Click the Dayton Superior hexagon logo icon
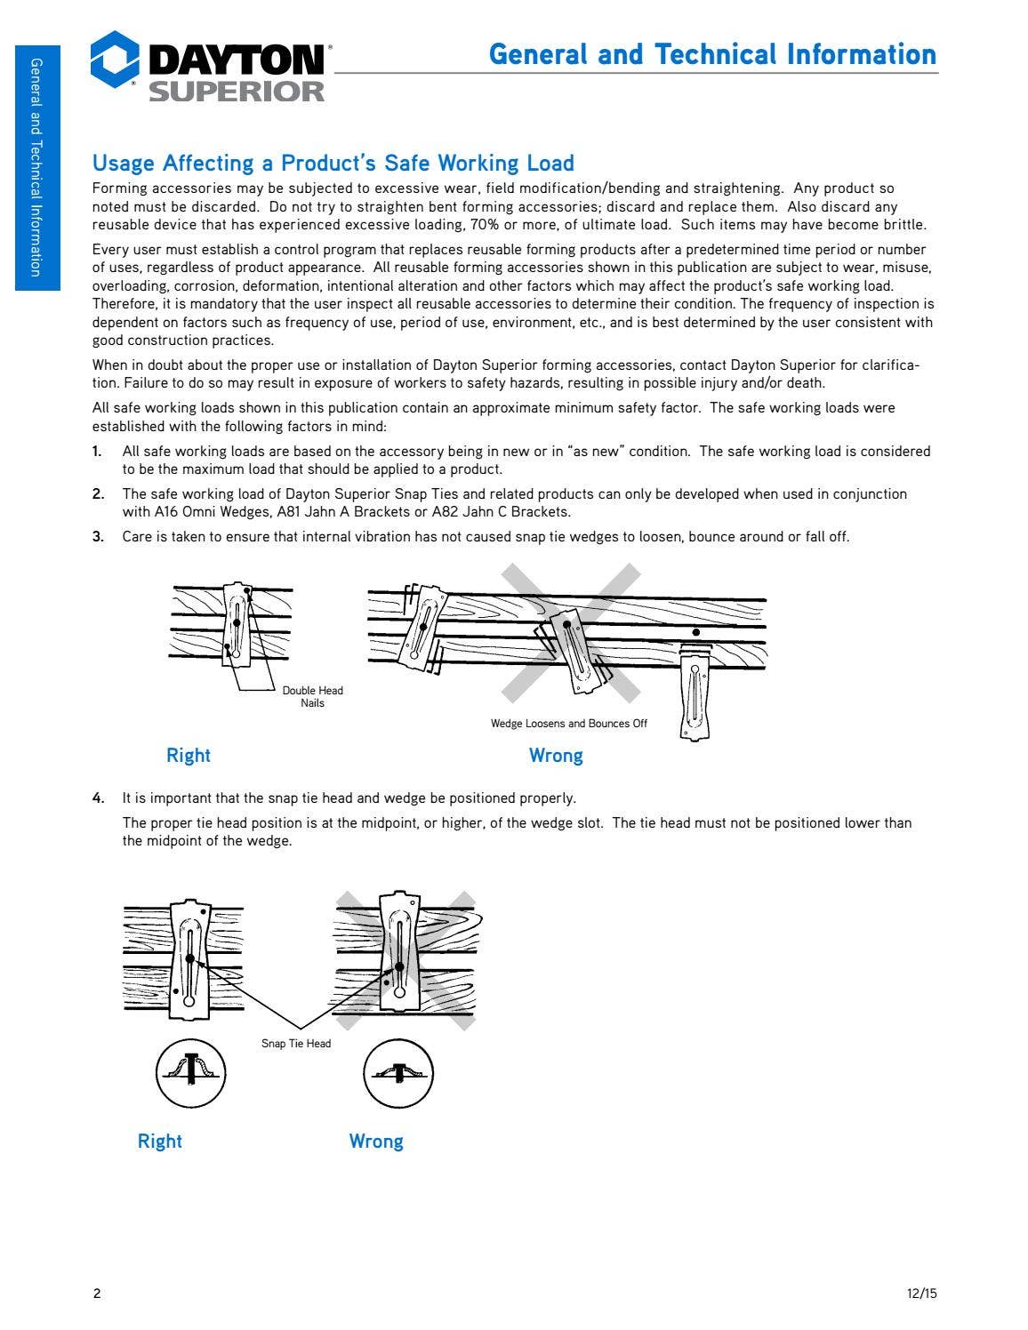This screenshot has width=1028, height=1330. pyautogui.click(x=115, y=60)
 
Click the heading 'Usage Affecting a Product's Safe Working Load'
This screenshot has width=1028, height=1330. pyautogui.click(x=333, y=164)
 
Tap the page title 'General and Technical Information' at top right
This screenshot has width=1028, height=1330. pyautogui.click(x=712, y=54)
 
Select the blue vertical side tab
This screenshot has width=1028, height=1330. pyautogui.click(x=37, y=168)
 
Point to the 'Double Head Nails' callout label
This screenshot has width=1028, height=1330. pyautogui.click(x=312, y=696)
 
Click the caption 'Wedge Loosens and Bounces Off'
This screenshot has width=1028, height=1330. pyautogui.click(x=569, y=724)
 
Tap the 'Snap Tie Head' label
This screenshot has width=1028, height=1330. pyautogui.click(x=296, y=1044)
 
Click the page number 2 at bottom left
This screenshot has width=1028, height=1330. pyautogui.click(x=97, y=1294)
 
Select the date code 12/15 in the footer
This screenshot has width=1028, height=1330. pyautogui.click(x=922, y=1294)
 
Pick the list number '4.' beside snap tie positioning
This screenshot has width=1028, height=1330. pyautogui.click(x=98, y=798)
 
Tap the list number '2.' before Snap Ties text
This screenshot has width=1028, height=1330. pyautogui.click(x=98, y=494)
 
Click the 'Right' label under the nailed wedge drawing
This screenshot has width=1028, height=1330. pyautogui.click(x=189, y=756)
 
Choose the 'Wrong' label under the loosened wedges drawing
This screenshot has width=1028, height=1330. pyautogui.click(x=556, y=756)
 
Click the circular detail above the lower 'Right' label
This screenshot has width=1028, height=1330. pyautogui.click(x=191, y=1074)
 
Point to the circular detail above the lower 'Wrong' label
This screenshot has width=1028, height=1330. pyautogui.click(x=398, y=1074)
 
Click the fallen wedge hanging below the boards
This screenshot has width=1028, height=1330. pyautogui.click(x=695, y=692)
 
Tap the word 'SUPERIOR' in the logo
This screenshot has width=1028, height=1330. pyautogui.click(x=237, y=92)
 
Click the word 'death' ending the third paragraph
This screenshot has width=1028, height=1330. pyautogui.click(x=807, y=383)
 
